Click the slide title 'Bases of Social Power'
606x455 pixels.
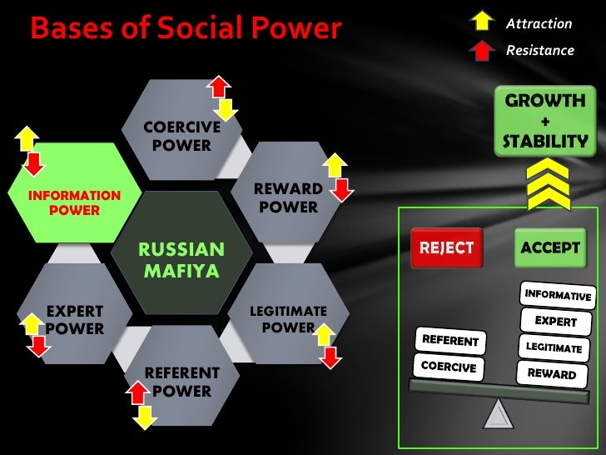coord(186,29)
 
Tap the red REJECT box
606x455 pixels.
coord(447,247)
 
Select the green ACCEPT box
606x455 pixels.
coord(549,247)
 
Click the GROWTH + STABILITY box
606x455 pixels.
coord(545,121)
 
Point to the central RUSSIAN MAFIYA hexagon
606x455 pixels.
coord(181,259)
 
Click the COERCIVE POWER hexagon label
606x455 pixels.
coord(181,136)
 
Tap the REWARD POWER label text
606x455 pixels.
coord(287,197)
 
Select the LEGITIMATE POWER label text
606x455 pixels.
coord(288,319)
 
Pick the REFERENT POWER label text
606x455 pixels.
coord(182,381)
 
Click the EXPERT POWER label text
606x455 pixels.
coord(75,320)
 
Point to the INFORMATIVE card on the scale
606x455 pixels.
coord(557,295)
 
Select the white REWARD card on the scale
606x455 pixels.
coord(550,372)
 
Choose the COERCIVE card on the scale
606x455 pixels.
coord(449,367)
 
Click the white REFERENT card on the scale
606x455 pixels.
coord(450,340)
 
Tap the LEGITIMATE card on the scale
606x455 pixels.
coord(554,347)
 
